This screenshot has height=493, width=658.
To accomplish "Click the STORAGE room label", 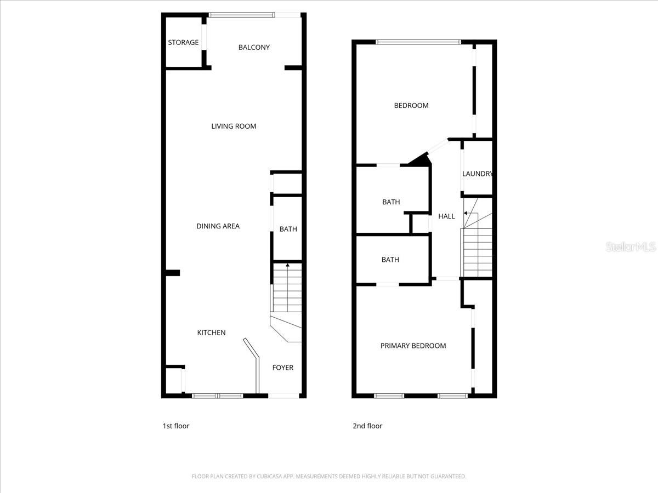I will (x=183, y=43).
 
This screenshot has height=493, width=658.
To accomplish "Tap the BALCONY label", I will (x=254, y=48).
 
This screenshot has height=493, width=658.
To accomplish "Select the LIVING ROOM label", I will (x=234, y=127).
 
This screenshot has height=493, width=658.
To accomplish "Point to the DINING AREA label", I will (x=218, y=226).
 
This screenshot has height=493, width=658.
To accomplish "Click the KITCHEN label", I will (x=211, y=333).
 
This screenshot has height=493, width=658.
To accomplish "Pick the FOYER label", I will (x=283, y=368).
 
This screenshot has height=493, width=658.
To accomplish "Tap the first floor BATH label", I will (x=288, y=230).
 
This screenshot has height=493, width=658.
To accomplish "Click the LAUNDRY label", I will (x=477, y=174).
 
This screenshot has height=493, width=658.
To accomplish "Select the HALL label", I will (x=446, y=216).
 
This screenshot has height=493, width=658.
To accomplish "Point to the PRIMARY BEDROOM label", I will (x=413, y=346).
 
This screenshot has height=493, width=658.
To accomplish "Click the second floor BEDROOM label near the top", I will (x=411, y=106).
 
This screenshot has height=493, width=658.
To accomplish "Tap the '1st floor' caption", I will (x=175, y=426).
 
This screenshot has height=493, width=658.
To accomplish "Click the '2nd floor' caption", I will (x=367, y=426).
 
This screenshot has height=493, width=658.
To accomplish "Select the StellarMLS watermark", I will (x=631, y=247).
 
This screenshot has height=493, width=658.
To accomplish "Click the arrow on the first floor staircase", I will (x=288, y=266).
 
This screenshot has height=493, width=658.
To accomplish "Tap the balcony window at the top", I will (x=241, y=15).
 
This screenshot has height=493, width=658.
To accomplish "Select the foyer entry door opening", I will (x=283, y=395).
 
